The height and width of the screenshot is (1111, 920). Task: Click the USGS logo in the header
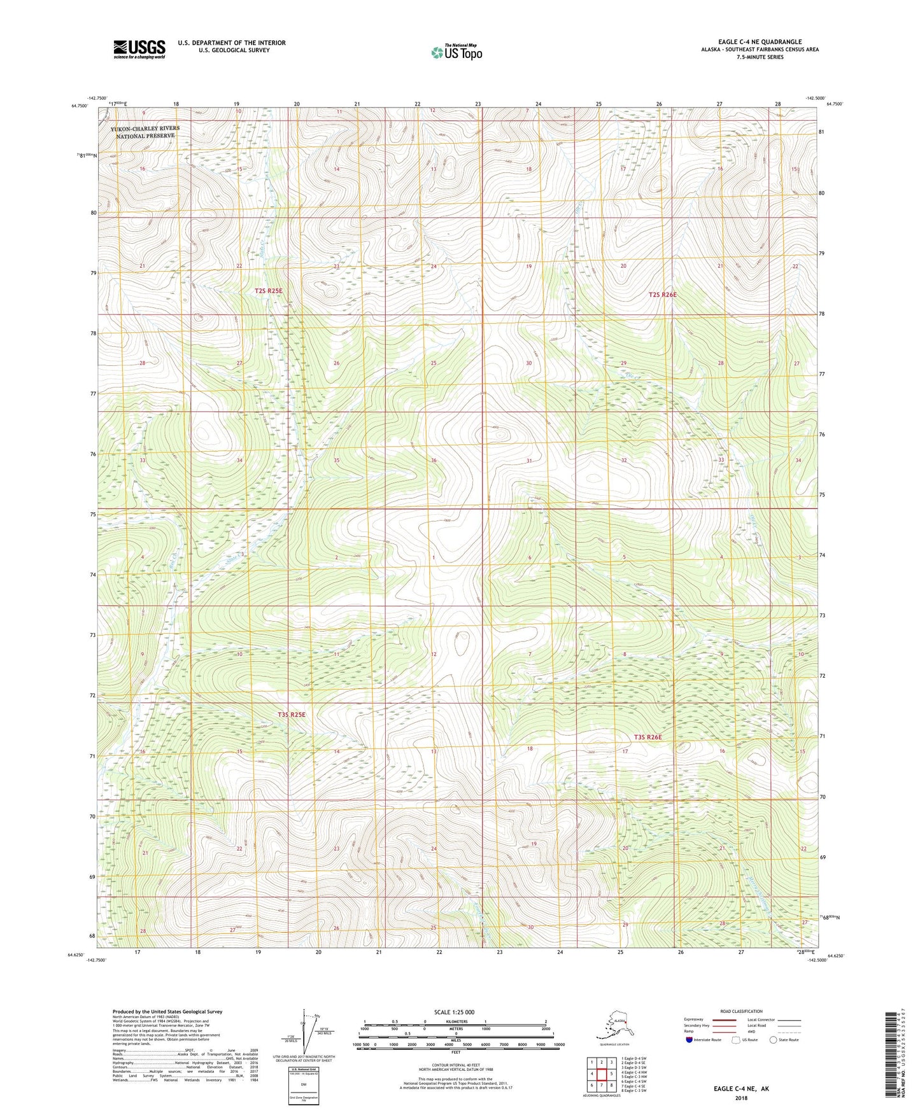[x=139, y=49]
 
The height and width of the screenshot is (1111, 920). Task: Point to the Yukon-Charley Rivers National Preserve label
[x=145, y=132]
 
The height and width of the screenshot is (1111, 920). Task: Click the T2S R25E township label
[x=268, y=290]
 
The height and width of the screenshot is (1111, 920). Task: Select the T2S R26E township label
[x=662, y=295]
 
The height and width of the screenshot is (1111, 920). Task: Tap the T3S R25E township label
[x=291, y=715]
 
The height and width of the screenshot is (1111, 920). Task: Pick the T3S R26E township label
[x=648, y=737]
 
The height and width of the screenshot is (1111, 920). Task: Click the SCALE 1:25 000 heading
[x=454, y=1012]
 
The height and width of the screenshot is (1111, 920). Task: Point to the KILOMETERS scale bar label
[x=456, y=1021]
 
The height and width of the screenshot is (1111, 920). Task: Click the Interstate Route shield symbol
[x=689, y=1040]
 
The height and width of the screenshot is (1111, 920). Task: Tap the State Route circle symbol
[x=773, y=1040]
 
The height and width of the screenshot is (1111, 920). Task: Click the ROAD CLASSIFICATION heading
[x=741, y=1011]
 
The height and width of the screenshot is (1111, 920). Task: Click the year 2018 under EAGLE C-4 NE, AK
[x=741, y=1098]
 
